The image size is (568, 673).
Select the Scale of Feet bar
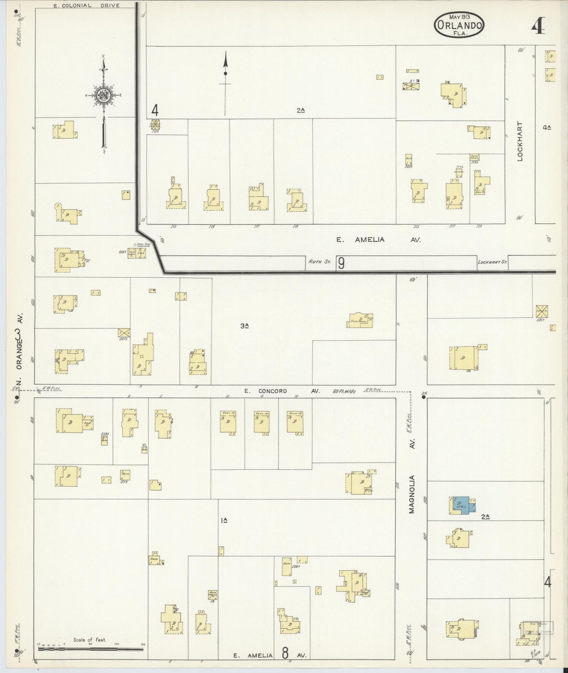pyautogui.click(x=90, y=649)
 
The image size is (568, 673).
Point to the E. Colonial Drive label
pyautogui.click(x=86, y=5)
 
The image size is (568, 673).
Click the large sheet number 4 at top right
pyautogui.click(x=538, y=26)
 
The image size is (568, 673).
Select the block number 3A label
pyautogui.click(x=245, y=326)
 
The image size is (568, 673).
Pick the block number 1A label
pyautogui.click(x=224, y=521)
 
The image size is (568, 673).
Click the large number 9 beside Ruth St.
pyautogui.click(x=341, y=263)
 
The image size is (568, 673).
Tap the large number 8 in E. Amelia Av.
pyautogui.click(x=285, y=653)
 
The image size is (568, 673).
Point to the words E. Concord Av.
pyautogui.click(x=282, y=391)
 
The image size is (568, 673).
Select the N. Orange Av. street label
pyautogui.click(x=18, y=342)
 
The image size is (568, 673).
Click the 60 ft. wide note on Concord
pyautogui.click(x=344, y=391)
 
